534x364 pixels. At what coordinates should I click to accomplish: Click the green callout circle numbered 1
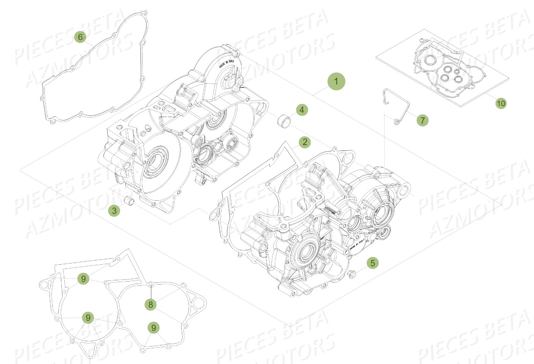point(336,81)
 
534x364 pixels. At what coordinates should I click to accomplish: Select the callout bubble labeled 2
point(304,142)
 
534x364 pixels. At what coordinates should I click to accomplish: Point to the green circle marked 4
point(301,110)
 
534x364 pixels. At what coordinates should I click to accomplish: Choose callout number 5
point(372,263)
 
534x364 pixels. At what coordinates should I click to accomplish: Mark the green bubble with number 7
point(422,120)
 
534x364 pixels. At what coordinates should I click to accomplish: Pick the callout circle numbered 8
point(150,304)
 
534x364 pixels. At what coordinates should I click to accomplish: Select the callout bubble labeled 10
point(501,103)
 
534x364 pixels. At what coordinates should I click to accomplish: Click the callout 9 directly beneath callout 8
point(153,327)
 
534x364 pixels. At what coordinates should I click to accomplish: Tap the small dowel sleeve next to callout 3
point(130,201)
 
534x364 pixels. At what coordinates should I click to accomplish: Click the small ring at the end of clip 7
point(396,122)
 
